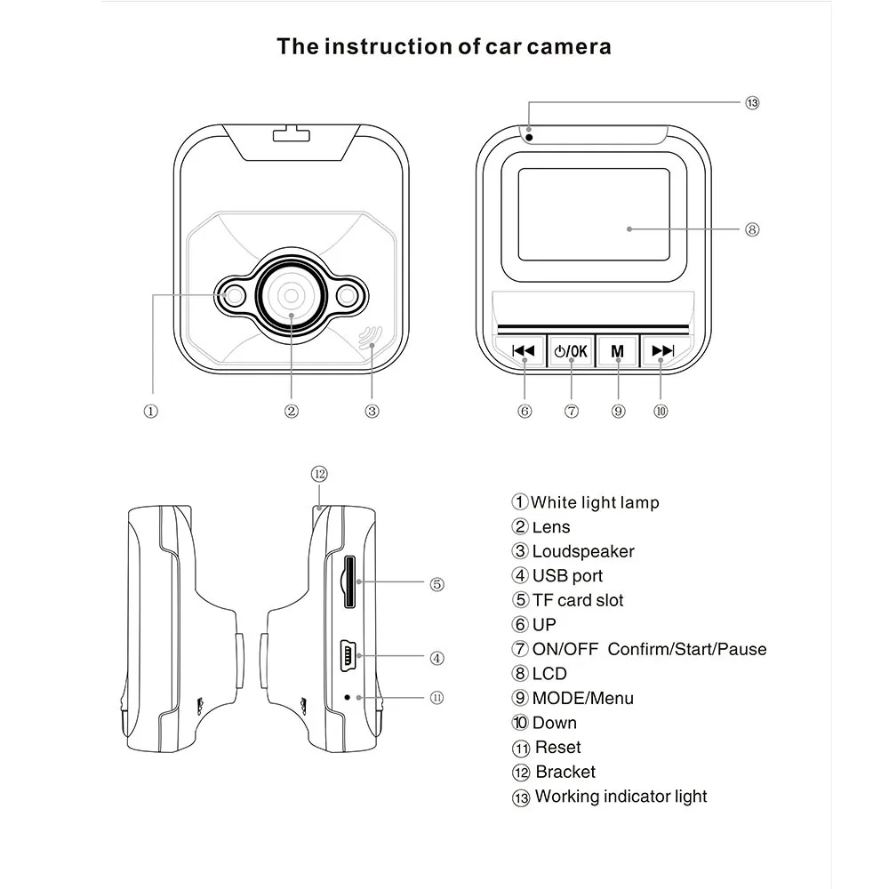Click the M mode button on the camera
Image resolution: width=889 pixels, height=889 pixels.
coord(618,350)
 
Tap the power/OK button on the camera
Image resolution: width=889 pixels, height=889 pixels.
coord(570,350)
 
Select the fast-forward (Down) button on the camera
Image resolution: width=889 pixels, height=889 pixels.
coord(662,350)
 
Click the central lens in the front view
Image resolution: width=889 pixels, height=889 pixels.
coord(291,294)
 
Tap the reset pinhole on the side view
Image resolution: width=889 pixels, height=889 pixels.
coord(347,697)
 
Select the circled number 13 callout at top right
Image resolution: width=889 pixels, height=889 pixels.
coord(752,103)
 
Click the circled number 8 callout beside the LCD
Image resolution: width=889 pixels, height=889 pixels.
coord(752,229)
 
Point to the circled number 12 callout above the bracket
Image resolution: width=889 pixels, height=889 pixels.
coord(320,474)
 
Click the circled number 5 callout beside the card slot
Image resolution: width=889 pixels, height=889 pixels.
coord(436,584)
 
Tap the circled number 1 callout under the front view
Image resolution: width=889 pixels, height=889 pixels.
coord(151,411)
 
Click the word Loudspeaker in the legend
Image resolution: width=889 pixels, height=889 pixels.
coord(583,552)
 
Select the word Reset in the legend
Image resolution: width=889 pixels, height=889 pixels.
coord(557,748)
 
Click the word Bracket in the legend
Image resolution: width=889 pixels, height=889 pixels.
coord(565,773)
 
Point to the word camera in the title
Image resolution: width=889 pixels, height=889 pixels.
coord(567,46)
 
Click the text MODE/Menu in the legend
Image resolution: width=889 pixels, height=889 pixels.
coord(583,699)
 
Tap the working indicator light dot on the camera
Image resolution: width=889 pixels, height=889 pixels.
coord(528,136)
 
